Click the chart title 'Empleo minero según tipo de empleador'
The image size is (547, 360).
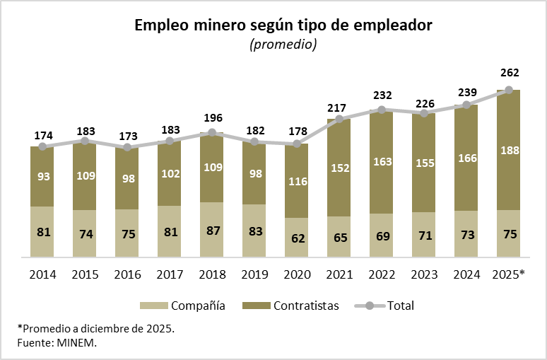(x=283, y=26)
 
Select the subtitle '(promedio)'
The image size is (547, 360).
(x=283, y=45)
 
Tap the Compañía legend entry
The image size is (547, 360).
(x=184, y=306)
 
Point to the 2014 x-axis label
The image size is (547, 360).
(x=42, y=274)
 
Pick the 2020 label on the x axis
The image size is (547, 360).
(x=297, y=274)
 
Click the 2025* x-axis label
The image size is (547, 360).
(x=508, y=274)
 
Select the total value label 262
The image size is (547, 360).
(x=509, y=73)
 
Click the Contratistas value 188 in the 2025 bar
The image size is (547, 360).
(x=509, y=150)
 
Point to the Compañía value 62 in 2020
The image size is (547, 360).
(x=297, y=238)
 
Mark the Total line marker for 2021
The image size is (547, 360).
(x=339, y=119)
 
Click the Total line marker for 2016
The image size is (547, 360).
(x=127, y=147)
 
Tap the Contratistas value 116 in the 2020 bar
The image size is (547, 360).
(x=297, y=181)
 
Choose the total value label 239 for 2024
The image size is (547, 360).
(x=466, y=92)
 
